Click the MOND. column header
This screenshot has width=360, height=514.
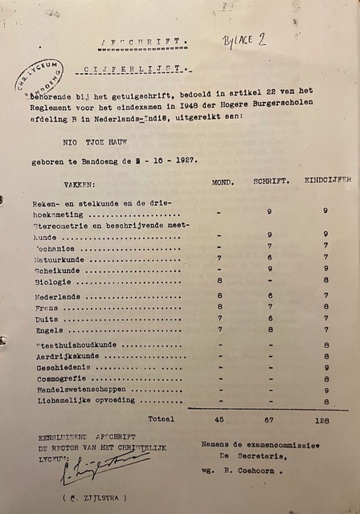[223, 182]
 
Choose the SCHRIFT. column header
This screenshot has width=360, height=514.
[271, 182]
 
